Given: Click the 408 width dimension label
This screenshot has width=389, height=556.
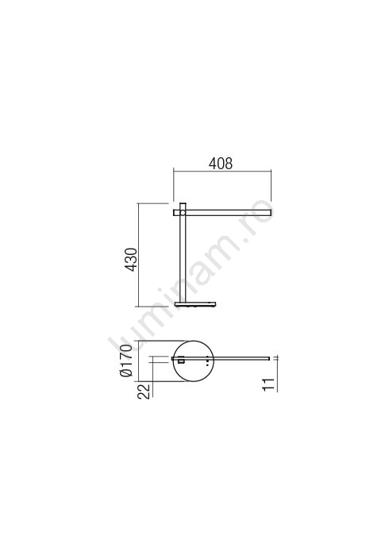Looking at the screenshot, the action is tap(221, 164).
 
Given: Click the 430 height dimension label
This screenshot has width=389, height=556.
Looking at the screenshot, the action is tap(131, 260).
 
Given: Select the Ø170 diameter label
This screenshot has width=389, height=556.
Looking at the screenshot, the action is tap(126, 361).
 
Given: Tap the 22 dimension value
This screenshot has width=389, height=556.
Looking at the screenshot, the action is tap(144, 392).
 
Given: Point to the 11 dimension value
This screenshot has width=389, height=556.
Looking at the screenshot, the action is tap(269, 384).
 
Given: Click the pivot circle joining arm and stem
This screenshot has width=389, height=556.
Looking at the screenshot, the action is tap(183, 213).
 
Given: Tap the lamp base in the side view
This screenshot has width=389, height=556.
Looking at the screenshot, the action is tap(195, 304).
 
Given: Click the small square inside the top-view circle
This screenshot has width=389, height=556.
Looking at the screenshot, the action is tap(181, 361).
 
